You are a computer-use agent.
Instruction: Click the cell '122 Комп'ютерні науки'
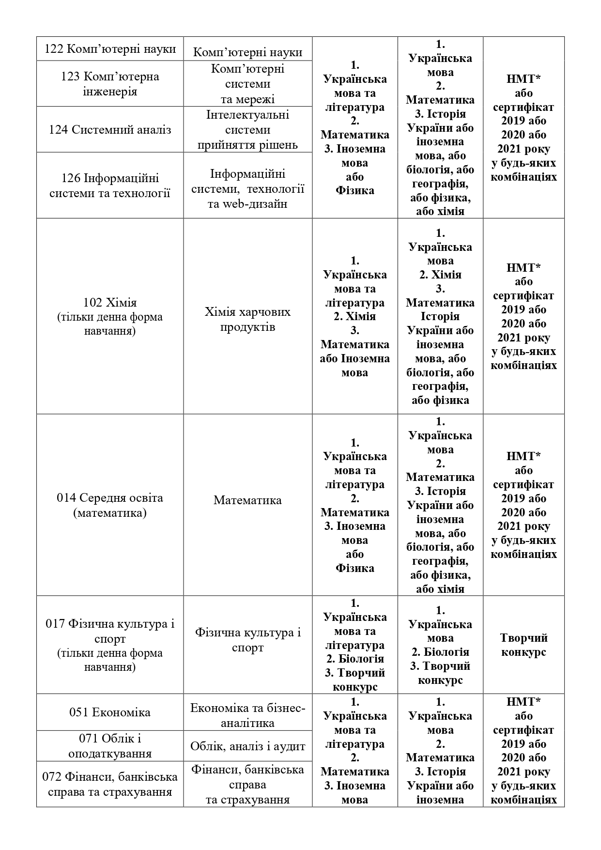110,49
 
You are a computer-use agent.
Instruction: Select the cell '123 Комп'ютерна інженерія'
110,84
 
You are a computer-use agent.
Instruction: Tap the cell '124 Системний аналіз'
110,130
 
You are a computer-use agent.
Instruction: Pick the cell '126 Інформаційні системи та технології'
110,186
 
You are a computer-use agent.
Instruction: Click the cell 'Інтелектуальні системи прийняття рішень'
247,130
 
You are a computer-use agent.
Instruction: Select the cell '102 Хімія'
110,317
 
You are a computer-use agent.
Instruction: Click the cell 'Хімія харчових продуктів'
247,319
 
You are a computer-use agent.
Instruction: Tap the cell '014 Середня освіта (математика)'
110,505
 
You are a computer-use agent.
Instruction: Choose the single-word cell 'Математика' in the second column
247,500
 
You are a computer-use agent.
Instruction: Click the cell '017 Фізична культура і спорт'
110,645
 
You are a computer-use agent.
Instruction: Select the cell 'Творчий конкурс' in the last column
524,645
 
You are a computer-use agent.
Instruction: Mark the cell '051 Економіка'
110,712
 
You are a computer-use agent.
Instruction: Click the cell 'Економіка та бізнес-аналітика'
247,715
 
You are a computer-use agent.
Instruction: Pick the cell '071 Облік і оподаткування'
110,746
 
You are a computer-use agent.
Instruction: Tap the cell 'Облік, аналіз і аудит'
247,746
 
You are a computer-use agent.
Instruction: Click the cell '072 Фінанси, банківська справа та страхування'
110,784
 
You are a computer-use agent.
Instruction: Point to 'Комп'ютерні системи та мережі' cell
247,84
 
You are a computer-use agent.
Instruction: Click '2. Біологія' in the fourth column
440,652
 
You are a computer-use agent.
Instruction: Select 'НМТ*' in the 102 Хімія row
524,268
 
